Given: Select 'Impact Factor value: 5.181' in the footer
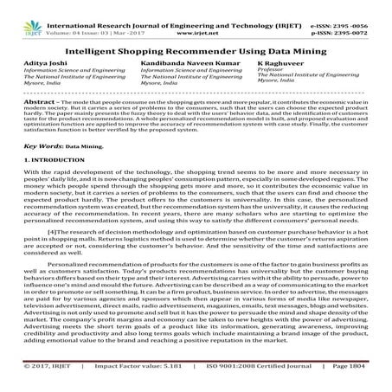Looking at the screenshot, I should (113, 382).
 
